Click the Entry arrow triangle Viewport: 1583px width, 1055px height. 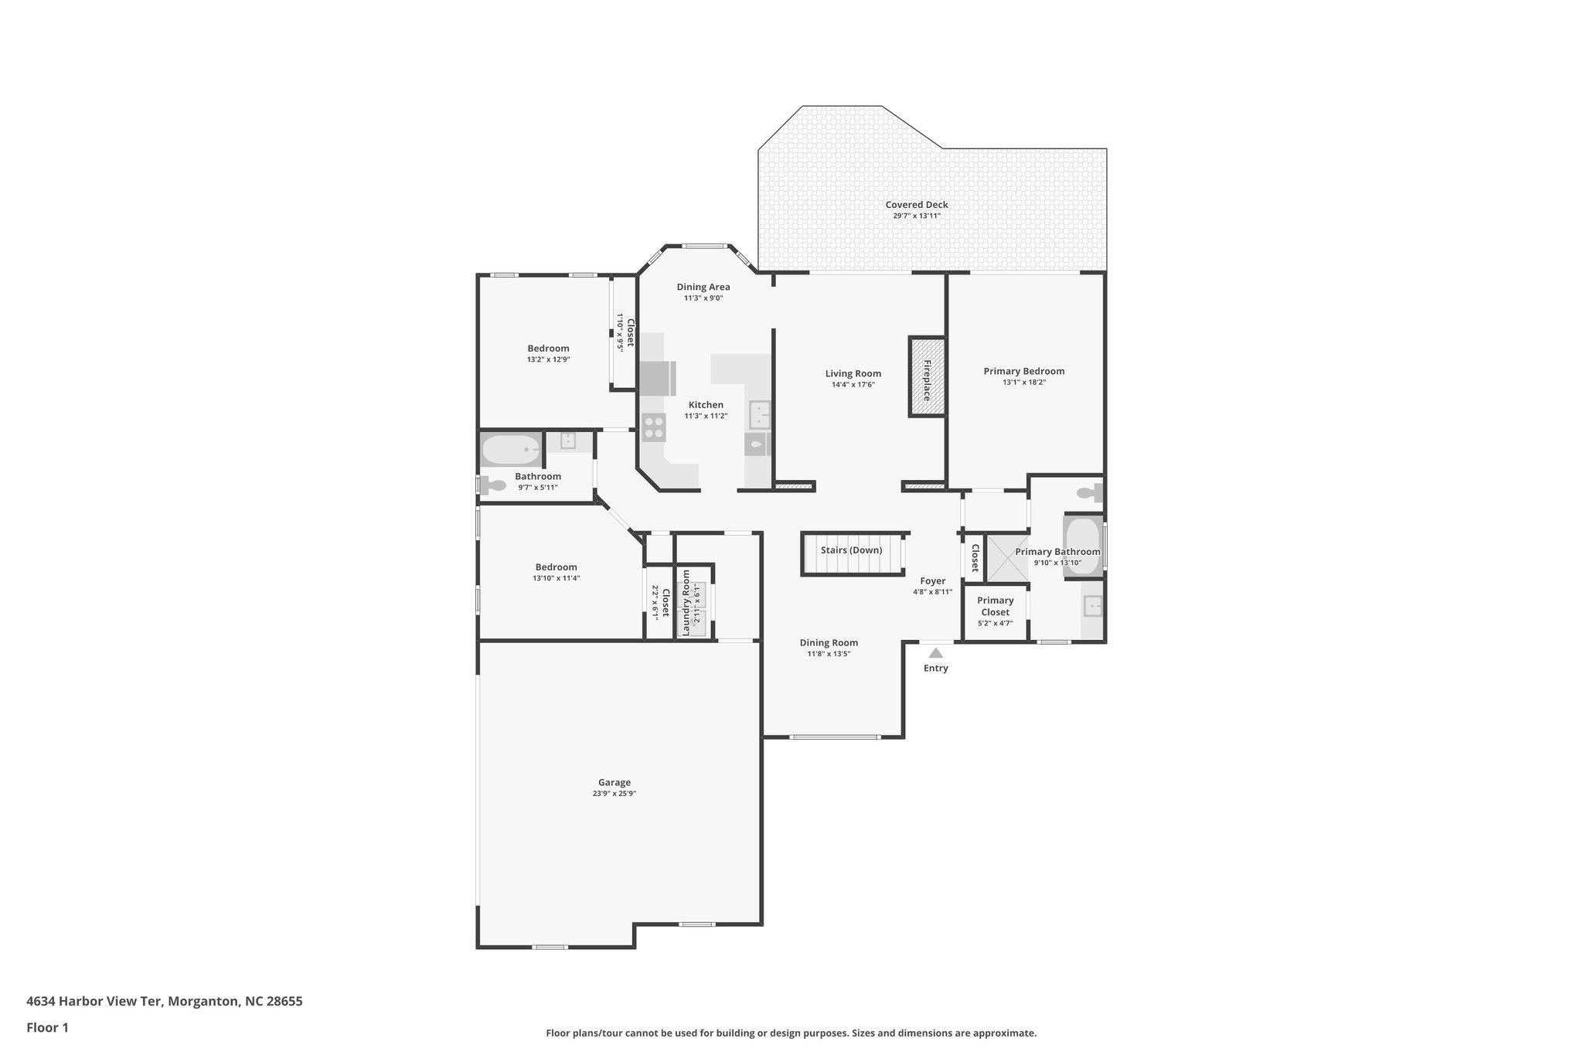[x=935, y=653]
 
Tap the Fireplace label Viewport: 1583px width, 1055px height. [x=927, y=379]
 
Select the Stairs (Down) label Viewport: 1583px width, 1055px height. [x=851, y=550]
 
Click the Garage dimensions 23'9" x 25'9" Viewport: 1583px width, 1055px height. [x=614, y=794]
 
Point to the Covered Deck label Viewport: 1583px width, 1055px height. [x=917, y=205]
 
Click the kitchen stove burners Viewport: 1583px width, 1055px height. [x=654, y=427]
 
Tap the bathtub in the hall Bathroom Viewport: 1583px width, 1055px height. [x=511, y=449]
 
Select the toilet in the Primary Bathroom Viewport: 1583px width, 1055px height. [x=1089, y=492]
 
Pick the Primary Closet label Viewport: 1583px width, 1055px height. [x=995, y=606]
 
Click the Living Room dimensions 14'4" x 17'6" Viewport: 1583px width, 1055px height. [x=853, y=385]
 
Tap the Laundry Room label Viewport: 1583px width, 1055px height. [x=686, y=603]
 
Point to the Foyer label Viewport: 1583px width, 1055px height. [x=932, y=581]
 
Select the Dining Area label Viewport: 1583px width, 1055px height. [x=703, y=287]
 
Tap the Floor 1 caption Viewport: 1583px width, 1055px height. [x=47, y=1028]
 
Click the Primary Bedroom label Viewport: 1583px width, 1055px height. [x=1023, y=371]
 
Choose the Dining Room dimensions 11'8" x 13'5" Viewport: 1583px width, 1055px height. [x=829, y=654]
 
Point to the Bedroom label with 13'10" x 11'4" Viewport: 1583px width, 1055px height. [x=556, y=567]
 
